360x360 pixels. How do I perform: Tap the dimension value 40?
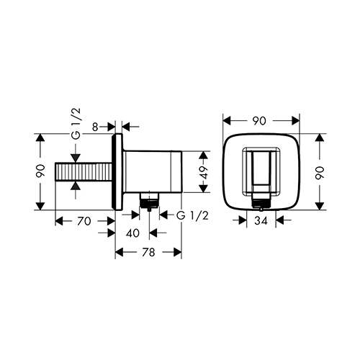pos(132,233)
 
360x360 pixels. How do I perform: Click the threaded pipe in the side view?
pos(84,173)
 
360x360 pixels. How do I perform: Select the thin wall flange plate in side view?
pos(116,173)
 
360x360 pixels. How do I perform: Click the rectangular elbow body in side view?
pos(155,173)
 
